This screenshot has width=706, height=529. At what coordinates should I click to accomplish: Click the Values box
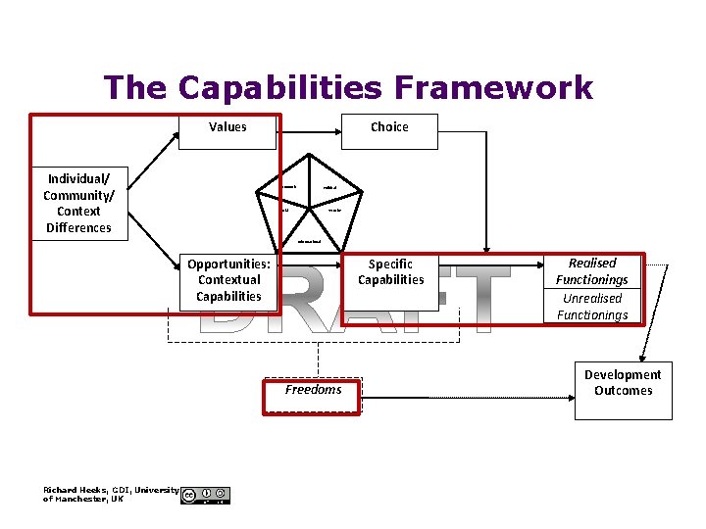click(x=227, y=127)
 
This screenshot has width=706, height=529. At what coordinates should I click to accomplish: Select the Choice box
click(x=389, y=127)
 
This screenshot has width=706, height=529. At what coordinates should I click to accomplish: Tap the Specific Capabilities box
click(x=390, y=272)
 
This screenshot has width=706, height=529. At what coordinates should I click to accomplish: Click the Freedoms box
click(x=313, y=391)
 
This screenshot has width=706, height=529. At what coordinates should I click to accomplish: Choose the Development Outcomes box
click(x=623, y=383)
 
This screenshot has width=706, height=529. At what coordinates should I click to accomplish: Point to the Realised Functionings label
click(x=592, y=271)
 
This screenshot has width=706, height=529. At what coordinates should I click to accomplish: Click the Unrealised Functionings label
click(x=592, y=307)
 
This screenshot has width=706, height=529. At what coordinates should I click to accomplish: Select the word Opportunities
click(x=228, y=264)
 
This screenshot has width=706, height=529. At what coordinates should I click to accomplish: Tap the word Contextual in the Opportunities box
click(x=228, y=279)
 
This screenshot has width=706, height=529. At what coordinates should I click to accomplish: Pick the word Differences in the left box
click(x=78, y=228)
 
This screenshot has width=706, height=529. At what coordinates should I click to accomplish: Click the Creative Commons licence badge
click(x=206, y=495)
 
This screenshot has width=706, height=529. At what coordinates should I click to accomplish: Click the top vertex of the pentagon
click(x=308, y=153)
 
